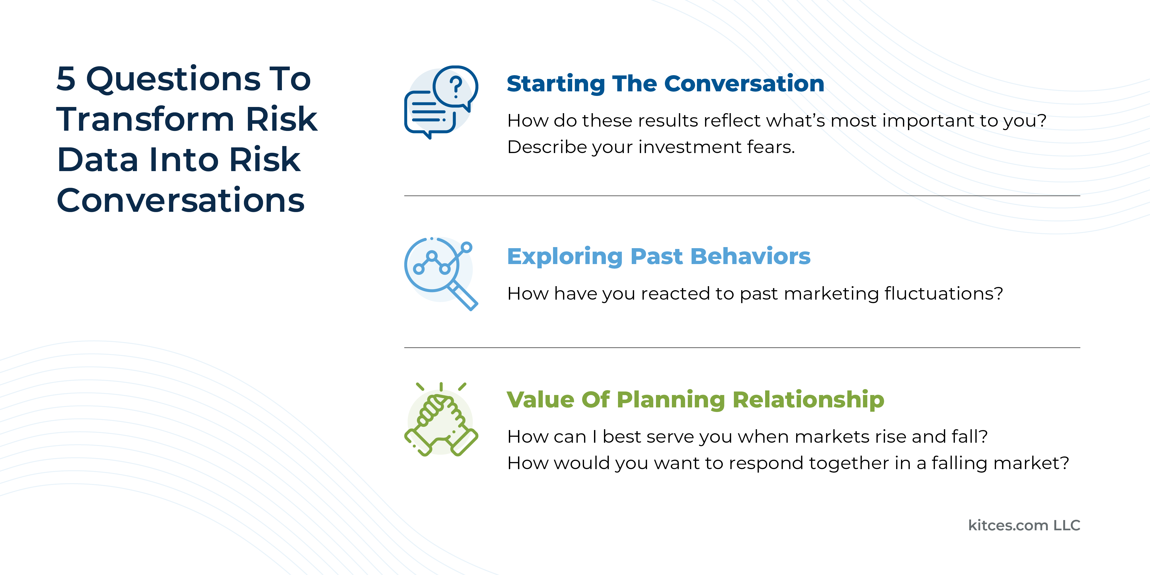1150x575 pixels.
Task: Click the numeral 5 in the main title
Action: [66, 79]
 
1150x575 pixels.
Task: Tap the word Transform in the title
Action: [145, 120]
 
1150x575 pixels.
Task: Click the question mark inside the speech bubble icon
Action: [455, 86]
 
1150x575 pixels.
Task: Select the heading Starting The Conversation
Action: [665, 84]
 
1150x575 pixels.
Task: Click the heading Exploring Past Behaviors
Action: [658, 256]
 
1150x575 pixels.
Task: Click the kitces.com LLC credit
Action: [1024, 525]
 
